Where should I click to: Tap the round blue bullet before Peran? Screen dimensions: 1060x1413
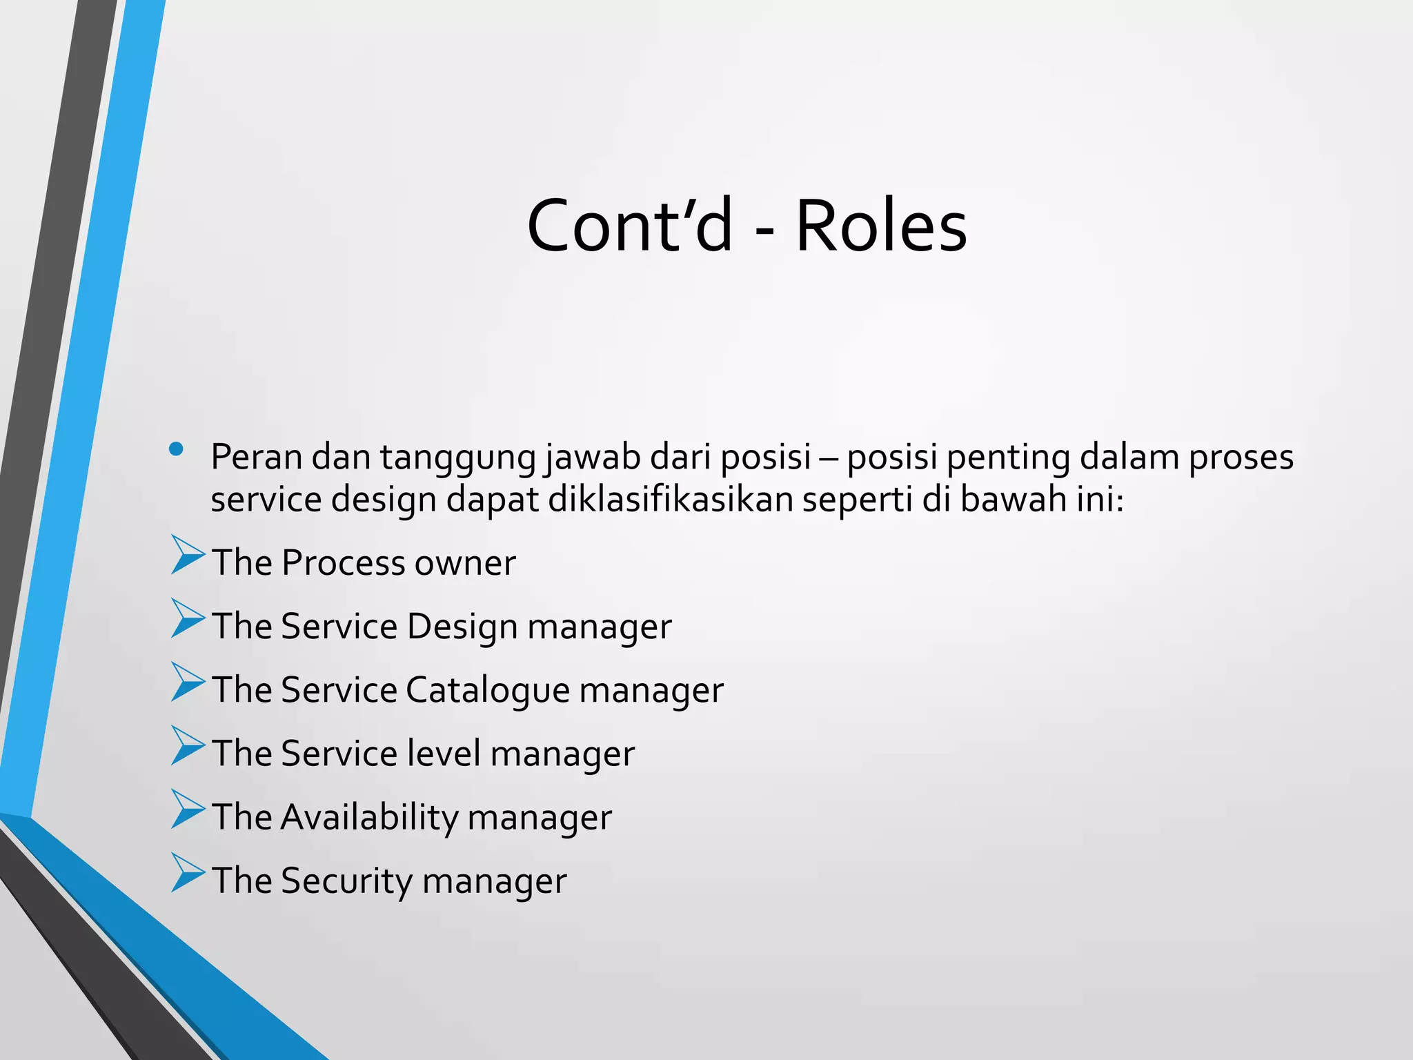(x=176, y=449)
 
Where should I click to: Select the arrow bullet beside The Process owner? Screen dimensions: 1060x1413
(x=188, y=556)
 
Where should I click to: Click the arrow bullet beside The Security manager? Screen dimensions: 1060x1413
(x=188, y=873)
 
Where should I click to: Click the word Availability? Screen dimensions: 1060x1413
(x=369, y=817)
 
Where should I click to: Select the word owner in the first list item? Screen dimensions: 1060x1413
(x=464, y=562)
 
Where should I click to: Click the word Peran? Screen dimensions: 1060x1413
(x=256, y=457)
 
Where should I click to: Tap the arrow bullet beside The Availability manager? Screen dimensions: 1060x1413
(x=188, y=809)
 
